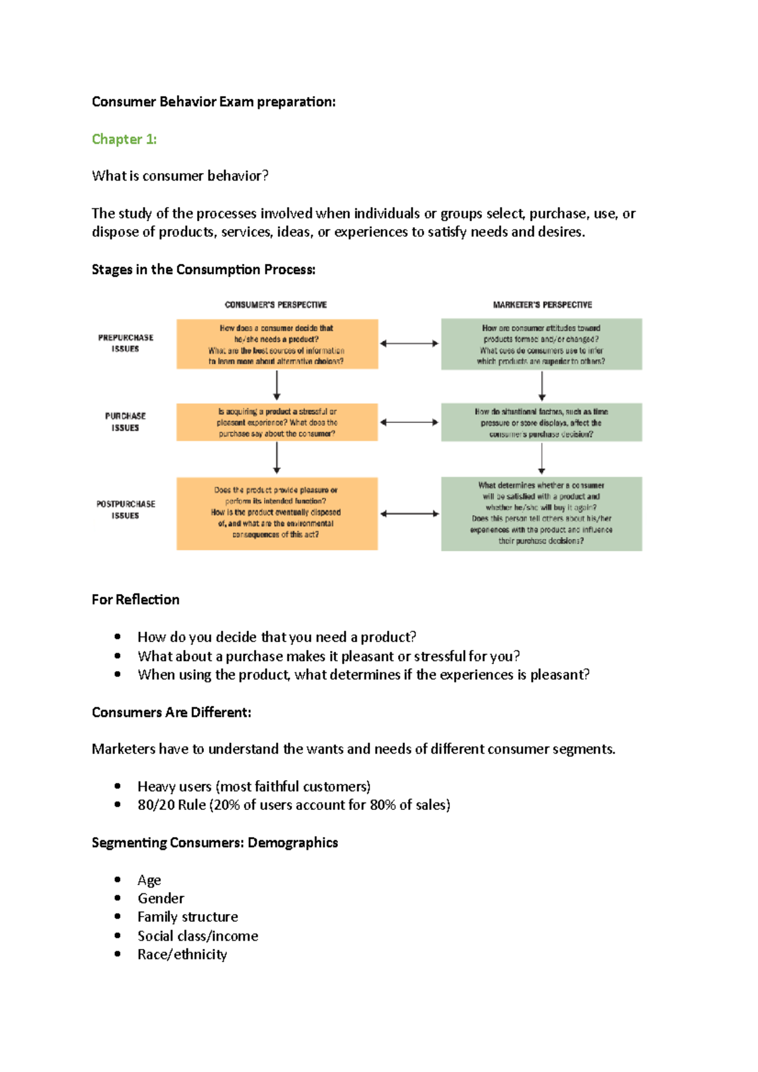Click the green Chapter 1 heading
124,139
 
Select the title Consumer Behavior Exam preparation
214,102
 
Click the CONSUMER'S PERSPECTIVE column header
276,305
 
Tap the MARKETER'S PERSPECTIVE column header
542,305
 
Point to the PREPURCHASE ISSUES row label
125,343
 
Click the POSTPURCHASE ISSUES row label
125,509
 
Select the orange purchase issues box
277,422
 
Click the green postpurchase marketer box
541,513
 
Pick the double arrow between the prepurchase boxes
409,343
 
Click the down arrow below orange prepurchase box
277,385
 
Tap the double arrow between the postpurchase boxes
409,514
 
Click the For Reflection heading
135,600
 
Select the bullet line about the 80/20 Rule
294,805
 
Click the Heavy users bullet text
254,787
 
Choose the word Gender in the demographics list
161,898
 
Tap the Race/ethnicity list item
182,955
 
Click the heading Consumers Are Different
171,713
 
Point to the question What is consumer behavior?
180,176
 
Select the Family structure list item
188,917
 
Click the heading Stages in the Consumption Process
203,270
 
